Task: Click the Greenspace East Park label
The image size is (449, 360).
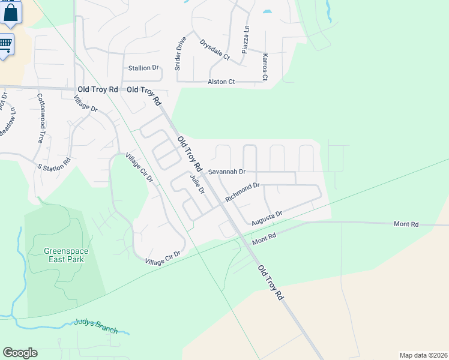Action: pos(64,255)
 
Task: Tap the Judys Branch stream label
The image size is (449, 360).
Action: pos(96,326)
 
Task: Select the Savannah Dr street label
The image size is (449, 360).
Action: pos(227,172)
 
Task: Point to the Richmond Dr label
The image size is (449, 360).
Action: pos(242,192)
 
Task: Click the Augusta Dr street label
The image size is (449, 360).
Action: pos(267,215)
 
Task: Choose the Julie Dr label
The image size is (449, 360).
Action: pos(197,183)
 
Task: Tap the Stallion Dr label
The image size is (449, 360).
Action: pos(143,68)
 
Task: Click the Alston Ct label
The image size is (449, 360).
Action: pos(221,82)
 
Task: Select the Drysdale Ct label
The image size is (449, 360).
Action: pos(215,50)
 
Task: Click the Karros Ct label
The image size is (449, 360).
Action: pos(265,67)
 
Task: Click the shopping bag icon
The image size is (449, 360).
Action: pos(11,13)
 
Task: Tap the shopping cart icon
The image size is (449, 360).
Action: pos(5,44)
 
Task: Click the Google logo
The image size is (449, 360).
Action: pos(20,353)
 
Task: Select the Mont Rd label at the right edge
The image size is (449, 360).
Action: pos(406,224)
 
